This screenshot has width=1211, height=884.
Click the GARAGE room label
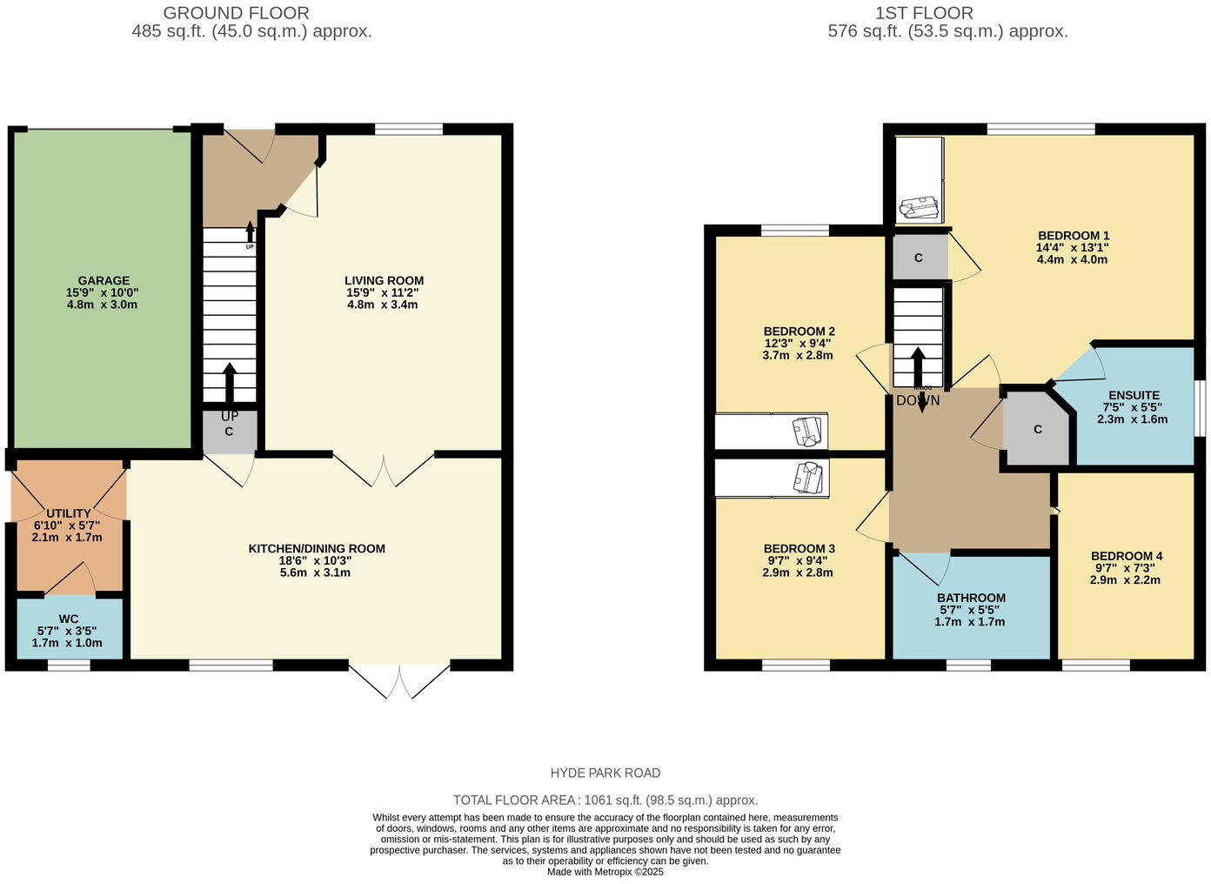[104, 281]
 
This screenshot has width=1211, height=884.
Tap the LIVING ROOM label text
[384, 281]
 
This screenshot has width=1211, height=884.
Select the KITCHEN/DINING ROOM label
[317, 549]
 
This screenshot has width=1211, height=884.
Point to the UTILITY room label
[69, 514]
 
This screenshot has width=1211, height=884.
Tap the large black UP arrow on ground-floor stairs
[230, 381]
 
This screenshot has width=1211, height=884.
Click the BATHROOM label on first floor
[971, 598]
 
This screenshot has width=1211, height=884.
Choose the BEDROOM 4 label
[1126, 556]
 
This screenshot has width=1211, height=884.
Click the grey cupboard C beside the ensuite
[1037, 430]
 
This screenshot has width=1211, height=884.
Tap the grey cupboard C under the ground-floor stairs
[229, 432]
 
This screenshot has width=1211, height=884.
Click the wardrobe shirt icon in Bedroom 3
[810, 477]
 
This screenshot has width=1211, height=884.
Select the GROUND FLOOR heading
[236, 13]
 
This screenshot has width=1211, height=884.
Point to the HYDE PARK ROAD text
[605, 773]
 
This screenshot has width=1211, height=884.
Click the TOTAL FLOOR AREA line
[605, 800]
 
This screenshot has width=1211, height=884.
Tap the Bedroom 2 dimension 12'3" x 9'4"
[798, 344]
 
